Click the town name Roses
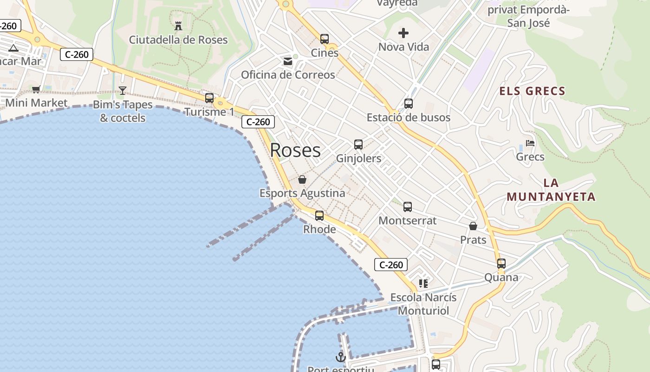[295, 150]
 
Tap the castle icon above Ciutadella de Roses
[178, 26]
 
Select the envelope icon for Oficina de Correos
[288, 61]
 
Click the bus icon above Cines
[325, 39]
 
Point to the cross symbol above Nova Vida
[403, 33]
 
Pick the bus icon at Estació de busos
[409, 104]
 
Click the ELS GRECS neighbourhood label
[532, 91]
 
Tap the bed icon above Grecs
[530, 143]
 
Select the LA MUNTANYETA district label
[551, 190]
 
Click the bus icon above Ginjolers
[358, 145]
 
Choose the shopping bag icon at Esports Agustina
[302, 179]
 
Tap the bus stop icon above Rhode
[319, 216]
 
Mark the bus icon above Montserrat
[408, 207]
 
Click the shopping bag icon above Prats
[473, 226]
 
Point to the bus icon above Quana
[501, 264]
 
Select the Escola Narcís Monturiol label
[423, 304]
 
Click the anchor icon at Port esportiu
[341, 357]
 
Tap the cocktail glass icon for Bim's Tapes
[123, 91]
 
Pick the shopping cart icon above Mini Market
[36, 89]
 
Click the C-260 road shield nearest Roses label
[258, 122]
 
